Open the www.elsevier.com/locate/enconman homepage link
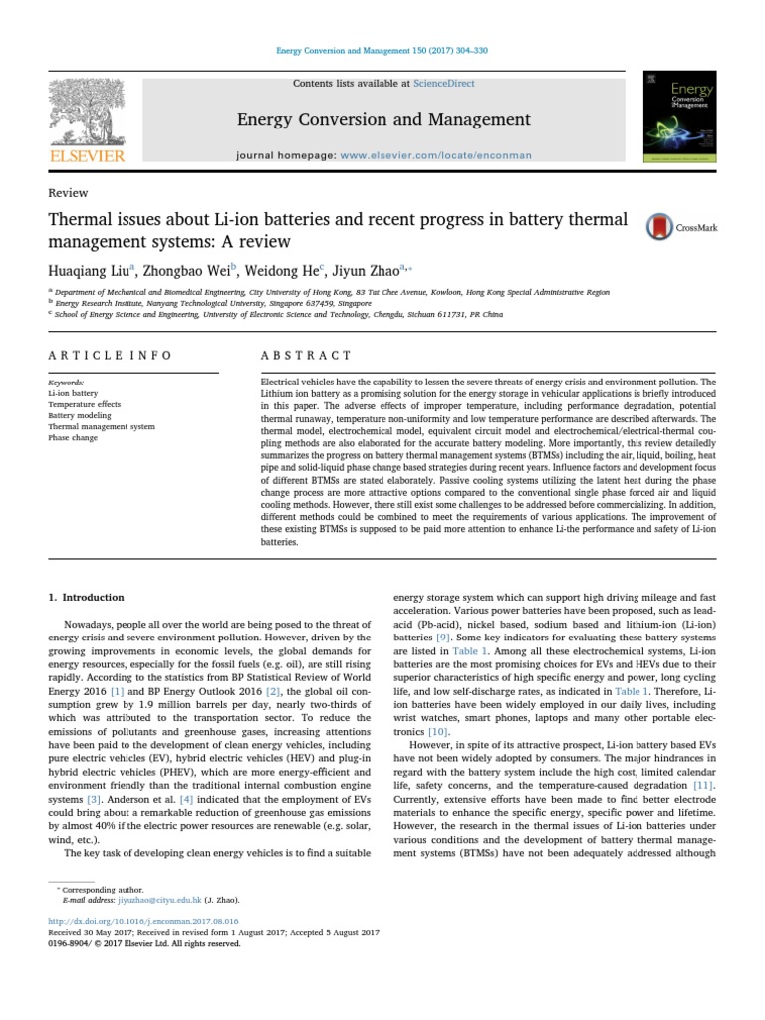[x=436, y=155]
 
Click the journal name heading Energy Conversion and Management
[x=383, y=120]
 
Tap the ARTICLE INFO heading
[x=110, y=355]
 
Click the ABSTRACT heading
[x=306, y=355]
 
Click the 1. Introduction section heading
[x=87, y=598]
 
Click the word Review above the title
[x=68, y=193]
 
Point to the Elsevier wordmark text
[x=87, y=155]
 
